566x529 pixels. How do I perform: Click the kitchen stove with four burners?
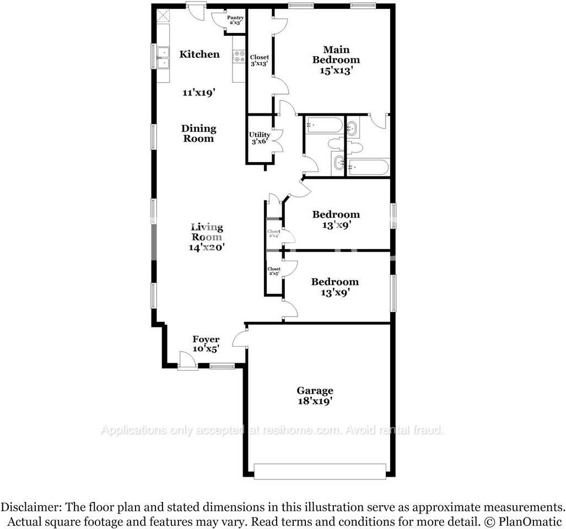(239, 56)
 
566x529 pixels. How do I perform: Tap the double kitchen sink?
(163, 57)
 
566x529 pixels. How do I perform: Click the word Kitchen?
(199, 54)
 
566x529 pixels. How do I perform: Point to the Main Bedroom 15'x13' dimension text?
(336, 71)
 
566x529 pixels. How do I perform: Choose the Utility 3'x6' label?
(259, 138)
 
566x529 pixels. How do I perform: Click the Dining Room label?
(198, 133)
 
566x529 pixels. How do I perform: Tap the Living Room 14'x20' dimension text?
(207, 247)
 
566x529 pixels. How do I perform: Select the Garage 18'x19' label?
(315, 402)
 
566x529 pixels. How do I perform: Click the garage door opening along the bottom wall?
(320, 471)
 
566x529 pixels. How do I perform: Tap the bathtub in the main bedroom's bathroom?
(368, 166)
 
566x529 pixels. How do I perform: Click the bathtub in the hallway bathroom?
(324, 125)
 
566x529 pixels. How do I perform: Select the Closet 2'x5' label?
(273, 271)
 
